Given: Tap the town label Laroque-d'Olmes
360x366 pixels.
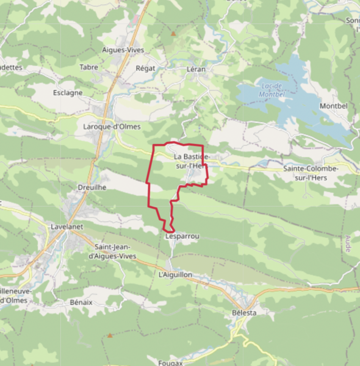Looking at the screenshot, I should tap(112, 127).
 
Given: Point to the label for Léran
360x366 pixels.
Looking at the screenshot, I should tap(196, 69).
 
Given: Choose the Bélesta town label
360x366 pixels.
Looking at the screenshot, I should tap(244, 312).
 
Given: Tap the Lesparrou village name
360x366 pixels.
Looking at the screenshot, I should tap(182, 235).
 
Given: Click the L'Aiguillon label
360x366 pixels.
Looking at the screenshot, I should tap(175, 275).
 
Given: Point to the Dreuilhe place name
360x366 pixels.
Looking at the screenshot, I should tap(92, 188).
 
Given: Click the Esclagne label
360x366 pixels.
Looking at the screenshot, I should tap(67, 93).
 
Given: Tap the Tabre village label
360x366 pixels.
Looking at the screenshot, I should tap(89, 67).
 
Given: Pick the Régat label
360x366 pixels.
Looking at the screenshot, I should tap(146, 68).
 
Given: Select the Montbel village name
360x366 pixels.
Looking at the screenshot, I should tap(333, 106).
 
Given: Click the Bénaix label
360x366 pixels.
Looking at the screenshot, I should tap(81, 302).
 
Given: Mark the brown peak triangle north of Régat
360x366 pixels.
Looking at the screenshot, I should tap(173, 34).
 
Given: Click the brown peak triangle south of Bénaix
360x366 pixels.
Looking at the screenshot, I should tap(110, 335).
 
